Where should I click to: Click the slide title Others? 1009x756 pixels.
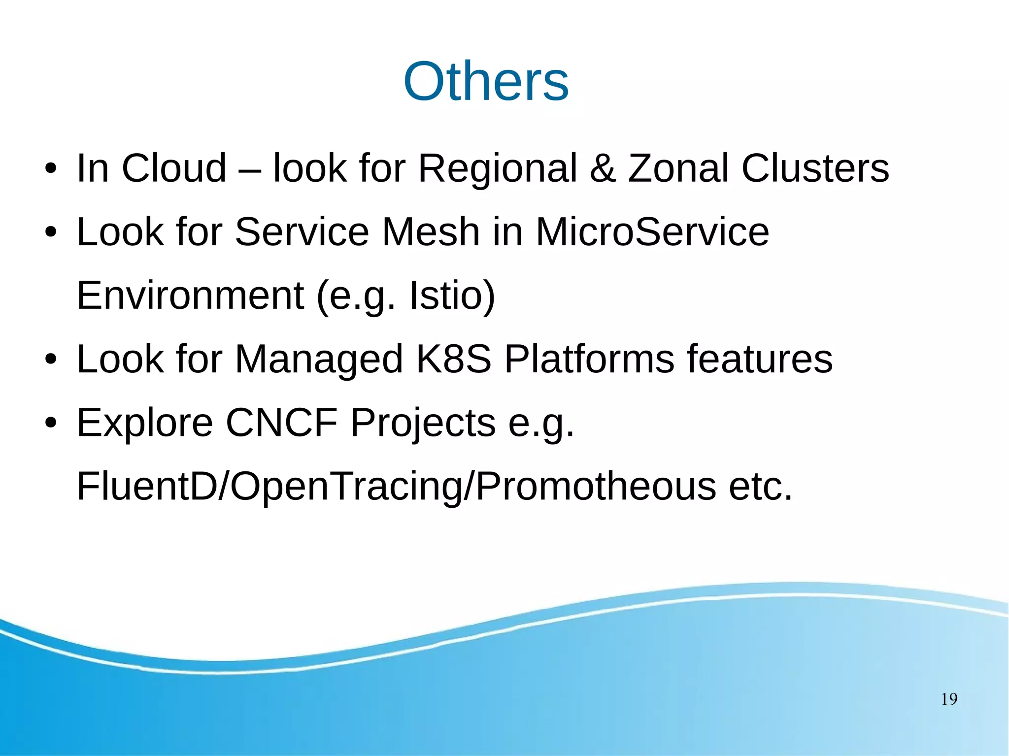coord(486,81)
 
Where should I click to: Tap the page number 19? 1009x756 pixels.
coord(949,699)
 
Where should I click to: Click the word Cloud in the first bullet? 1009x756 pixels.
coord(174,168)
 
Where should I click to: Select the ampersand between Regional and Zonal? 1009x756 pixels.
coord(603,168)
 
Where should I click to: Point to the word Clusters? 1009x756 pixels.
coord(815,168)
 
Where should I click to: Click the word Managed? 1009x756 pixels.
coord(319,360)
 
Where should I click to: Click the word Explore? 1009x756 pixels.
coord(145,423)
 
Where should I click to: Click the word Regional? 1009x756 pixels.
coord(497,169)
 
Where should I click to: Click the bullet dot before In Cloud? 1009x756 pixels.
coord(51,169)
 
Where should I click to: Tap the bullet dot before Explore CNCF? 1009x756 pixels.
coord(51,423)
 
